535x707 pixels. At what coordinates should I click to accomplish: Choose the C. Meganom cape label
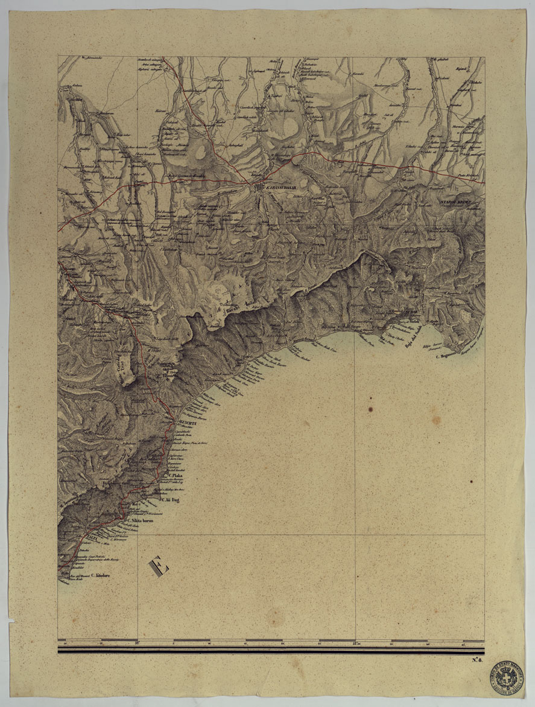click(x=446, y=356)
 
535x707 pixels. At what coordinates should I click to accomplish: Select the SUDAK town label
click(x=413, y=312)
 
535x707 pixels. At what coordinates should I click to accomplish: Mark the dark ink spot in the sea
click(x=471, y=481)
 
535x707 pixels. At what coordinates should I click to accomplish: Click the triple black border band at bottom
click(x=271, y=650)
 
